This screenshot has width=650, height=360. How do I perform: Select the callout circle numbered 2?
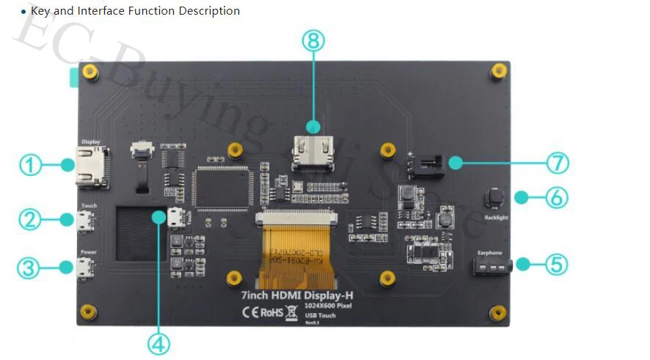(29, 218)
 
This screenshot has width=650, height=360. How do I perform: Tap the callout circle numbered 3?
(29, 268)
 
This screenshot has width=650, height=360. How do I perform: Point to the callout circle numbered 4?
(158, 343)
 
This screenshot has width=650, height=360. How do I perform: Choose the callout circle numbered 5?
(557, 264)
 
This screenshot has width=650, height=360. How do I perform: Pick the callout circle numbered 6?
(557, 197)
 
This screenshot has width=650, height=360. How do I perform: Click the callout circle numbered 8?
(313, 41)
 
